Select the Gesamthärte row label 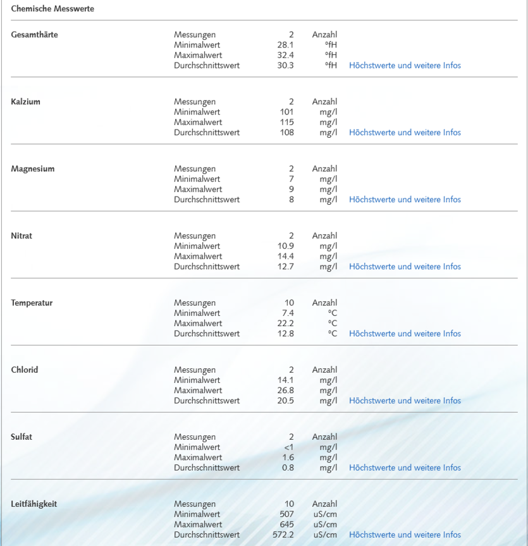(34, 35)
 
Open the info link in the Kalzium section (405, 133)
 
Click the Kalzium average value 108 (287, 133)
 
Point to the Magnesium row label (32, 169)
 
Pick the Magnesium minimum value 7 (291, 179)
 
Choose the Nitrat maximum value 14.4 (285, 257)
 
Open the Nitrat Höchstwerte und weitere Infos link (405, 267)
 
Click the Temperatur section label (32, 303)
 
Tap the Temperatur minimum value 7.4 (288, 313)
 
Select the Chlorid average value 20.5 (285, 401)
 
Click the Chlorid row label (25, 370)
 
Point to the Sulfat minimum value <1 (288, 447)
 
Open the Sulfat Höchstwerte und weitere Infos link (405, 468)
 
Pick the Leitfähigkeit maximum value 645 (286, 525)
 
